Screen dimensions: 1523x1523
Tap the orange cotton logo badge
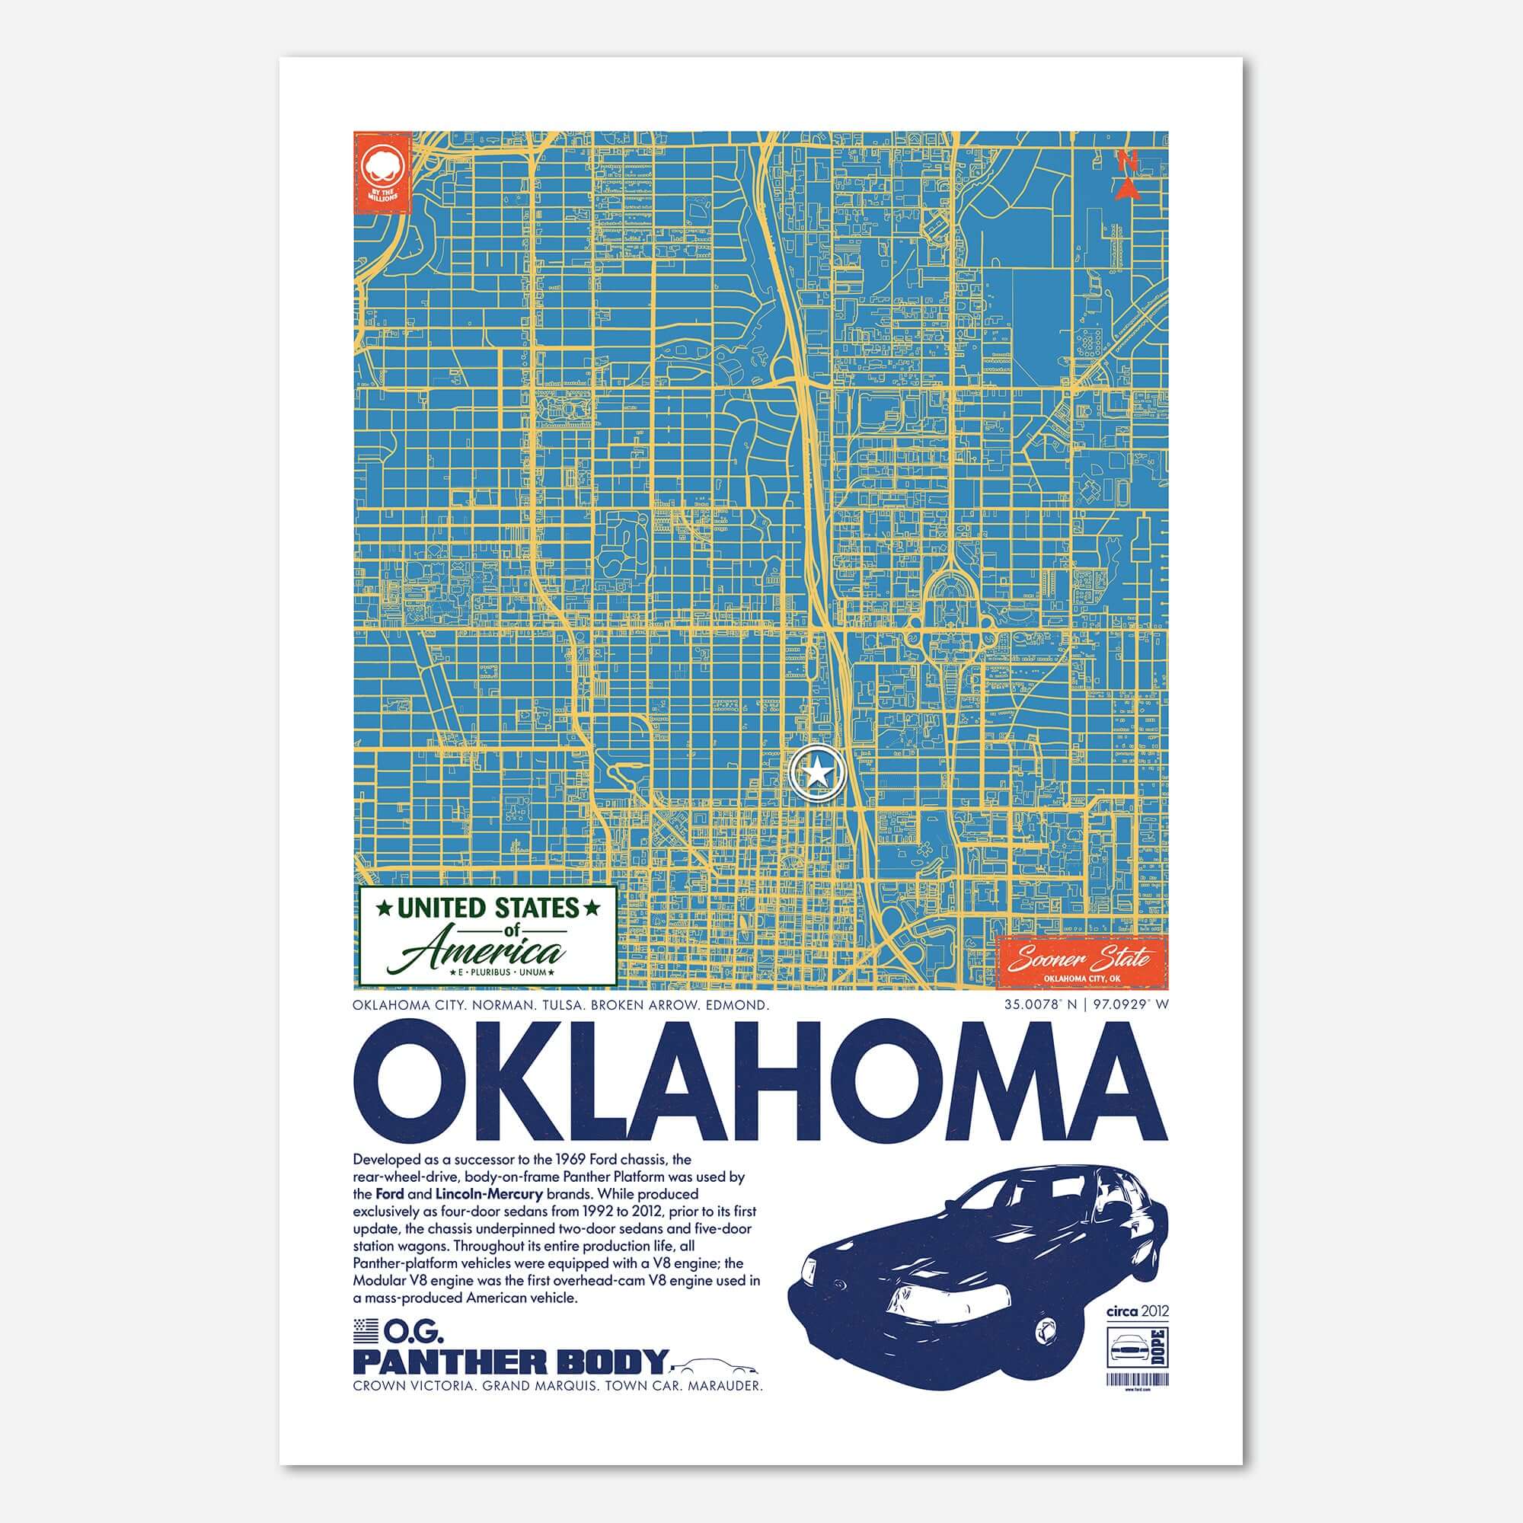tap(382, 172)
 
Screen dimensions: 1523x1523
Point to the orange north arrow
tap(1129, 176)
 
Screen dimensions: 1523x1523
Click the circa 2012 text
tap(1138, 1311)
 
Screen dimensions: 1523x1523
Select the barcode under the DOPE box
tap(1138, 1380)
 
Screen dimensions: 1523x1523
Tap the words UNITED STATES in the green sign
tap(487, 908)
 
